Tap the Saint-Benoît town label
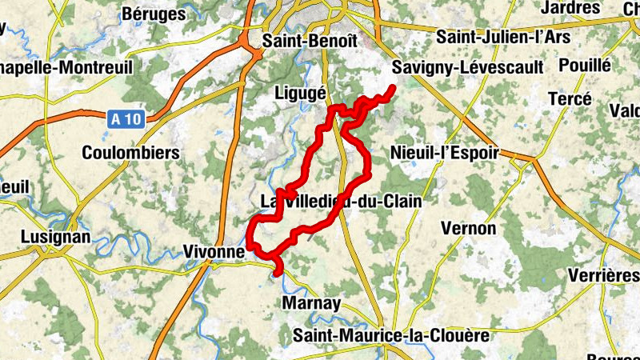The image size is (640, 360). pos(309,40)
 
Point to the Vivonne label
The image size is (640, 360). pos(214,251)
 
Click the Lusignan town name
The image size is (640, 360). pos(55,238)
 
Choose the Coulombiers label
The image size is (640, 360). pos(130,152)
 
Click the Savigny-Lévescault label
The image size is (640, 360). pos(468,67)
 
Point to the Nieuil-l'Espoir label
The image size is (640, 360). pos(444,152)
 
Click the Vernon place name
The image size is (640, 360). pos(469,229)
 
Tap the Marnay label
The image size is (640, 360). pos(312,303)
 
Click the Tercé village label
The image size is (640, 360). pos(570,99)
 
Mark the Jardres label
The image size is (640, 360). pos(570,8)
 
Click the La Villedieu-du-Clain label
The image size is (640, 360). pos(342,201)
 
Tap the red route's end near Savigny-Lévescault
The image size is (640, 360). pos(393,88)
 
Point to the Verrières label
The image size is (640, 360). pos(603,276)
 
